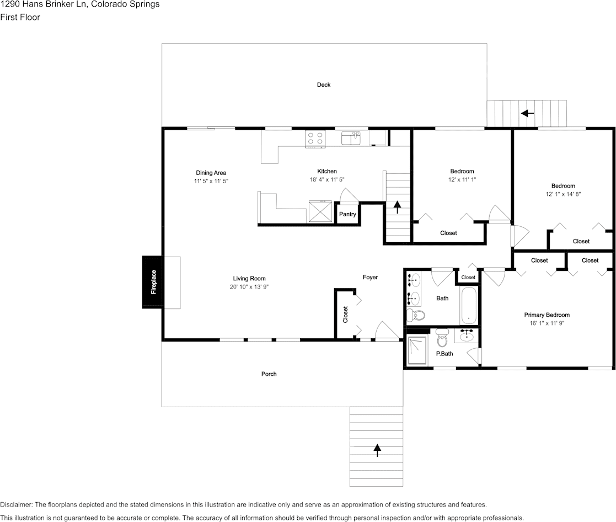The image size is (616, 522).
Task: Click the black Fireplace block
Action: tap(152, 282)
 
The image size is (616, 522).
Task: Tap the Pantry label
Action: tap(347, 214)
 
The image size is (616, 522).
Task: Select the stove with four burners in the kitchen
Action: tap(315, 138)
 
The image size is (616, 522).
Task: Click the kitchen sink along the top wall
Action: tap(350, 137)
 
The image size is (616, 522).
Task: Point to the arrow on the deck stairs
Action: tap(528, 113)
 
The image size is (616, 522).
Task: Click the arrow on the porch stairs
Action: tap(378, 450)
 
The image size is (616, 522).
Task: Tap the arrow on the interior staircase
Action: tap(397, 207)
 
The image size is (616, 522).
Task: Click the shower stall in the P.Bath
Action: tap(416, 351)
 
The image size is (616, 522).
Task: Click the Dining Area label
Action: tap(211, 173)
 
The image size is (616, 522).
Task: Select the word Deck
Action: tap(324, 84)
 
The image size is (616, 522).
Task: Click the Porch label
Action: tap(269, 374)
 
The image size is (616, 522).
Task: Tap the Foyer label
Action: tap(370, 277)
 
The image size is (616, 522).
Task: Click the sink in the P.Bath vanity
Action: tap(467, 334)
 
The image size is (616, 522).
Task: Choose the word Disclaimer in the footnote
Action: tap(17, 505)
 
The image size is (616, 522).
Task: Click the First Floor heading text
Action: tap(20, 17)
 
